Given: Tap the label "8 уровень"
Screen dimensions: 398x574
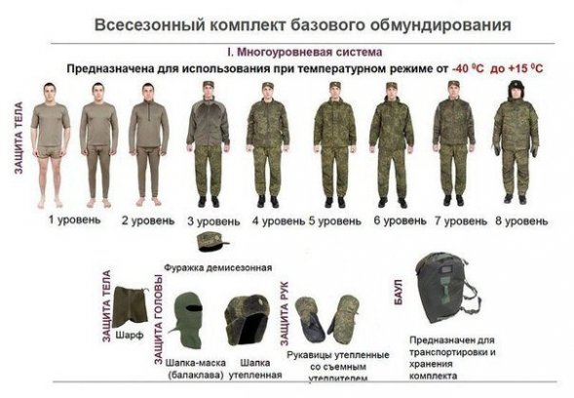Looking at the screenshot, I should coord(521,221).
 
